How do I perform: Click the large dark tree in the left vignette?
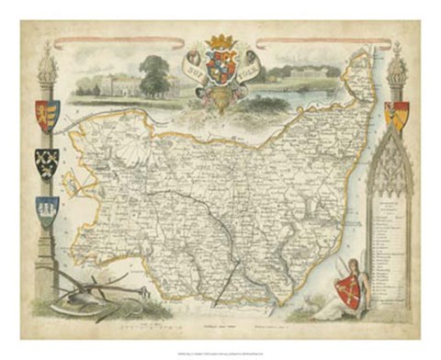153,73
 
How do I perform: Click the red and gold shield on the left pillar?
46,113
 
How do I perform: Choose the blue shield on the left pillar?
46,210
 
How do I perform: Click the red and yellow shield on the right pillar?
397,114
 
